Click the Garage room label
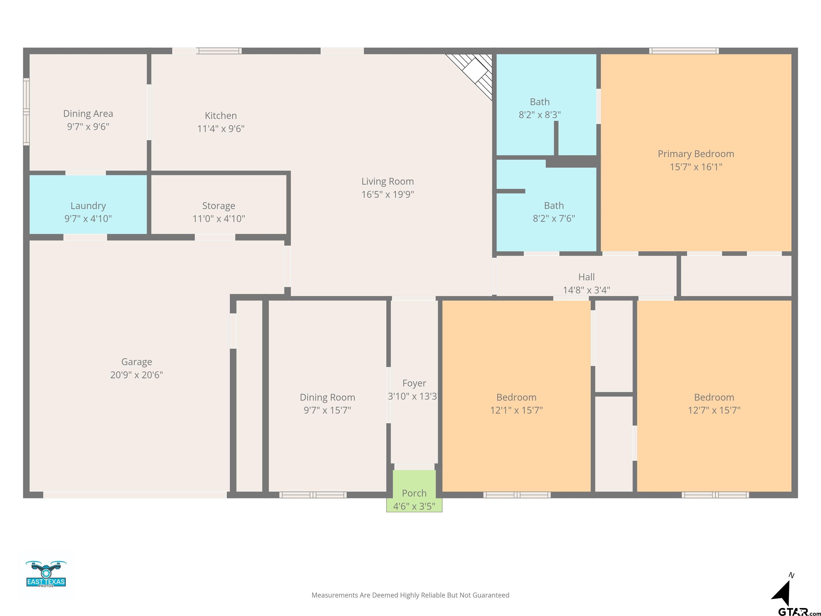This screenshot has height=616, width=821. [137, 362]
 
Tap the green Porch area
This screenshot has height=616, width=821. [414, 491]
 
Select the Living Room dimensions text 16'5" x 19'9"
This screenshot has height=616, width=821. [388, 194]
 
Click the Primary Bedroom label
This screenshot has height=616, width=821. [696, 154]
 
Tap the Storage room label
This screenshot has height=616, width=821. [219, 206]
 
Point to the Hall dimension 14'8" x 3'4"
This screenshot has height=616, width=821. [586, 290]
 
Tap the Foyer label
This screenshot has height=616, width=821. [414, 383]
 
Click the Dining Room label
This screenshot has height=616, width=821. [327, 397]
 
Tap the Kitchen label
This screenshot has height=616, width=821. [221, 115]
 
